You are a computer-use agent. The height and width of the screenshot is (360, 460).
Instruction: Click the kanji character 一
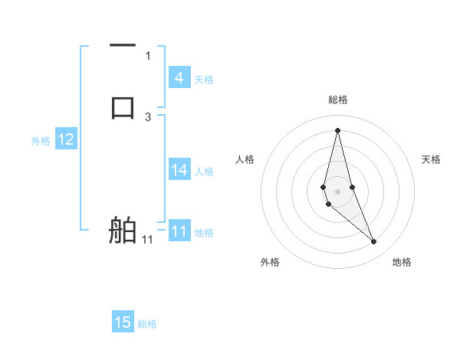[x=123, y=45]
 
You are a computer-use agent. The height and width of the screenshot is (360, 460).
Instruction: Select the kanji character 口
[x=123, y=106]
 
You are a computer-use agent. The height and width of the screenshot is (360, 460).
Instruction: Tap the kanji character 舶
[x=123, y=230]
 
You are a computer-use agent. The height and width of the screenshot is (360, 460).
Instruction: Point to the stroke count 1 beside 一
[x=148, y=55]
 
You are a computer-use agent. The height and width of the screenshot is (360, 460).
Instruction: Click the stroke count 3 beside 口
[x=148, y=116]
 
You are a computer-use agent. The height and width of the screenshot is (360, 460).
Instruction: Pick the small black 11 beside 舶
[x=147, y=240]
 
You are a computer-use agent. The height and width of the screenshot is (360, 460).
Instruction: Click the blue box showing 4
[x=179, y=78]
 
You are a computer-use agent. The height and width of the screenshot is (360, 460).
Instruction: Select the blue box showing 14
[x=179, y=170]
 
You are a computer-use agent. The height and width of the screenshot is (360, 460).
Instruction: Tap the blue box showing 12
[x=66, y=139]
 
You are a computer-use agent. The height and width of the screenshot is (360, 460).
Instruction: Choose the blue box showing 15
[x=123, y=322]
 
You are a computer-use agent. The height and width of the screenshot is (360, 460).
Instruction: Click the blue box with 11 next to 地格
[x=179, y=231]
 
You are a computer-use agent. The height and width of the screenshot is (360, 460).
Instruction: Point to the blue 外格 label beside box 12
[x=41, y=141]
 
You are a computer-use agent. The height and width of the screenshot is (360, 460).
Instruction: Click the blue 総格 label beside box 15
[x=147, y=324]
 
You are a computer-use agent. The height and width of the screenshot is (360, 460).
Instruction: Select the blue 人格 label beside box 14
[x=205, y=172]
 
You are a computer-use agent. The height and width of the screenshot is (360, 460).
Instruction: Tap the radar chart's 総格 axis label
[x=337, y=100]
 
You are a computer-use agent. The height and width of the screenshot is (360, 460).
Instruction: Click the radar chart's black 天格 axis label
[x=432, y=159]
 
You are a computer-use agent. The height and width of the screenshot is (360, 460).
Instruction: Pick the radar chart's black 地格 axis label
[x=402, y=263]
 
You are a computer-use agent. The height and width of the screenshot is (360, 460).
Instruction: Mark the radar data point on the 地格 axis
[x=374, y=242]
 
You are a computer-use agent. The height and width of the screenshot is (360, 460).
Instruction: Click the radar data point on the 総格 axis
[x=337, y=129]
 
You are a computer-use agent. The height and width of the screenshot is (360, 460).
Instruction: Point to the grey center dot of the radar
[x=337, y=191]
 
